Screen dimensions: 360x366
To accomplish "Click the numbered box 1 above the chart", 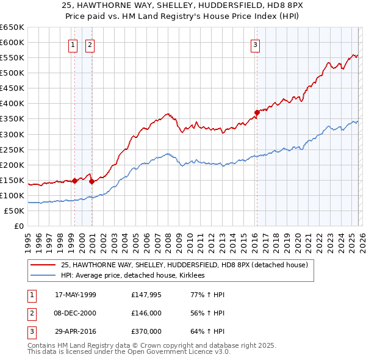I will point(73,44).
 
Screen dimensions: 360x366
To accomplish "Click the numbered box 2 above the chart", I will point(90,44).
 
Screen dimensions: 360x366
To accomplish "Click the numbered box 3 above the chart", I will point(255,44).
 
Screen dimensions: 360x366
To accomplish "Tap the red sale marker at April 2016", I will point(257,112).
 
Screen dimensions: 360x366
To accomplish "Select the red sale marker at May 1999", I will point(74,181).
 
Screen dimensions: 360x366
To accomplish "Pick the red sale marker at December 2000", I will point(91,181).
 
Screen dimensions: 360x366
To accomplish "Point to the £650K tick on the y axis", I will point(12,27).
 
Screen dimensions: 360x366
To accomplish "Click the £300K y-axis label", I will point(12,134).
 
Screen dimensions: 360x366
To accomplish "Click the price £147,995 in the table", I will point(146,295).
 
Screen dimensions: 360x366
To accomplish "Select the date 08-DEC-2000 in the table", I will point(76,313).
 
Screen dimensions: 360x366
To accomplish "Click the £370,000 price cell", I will point(146,331).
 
